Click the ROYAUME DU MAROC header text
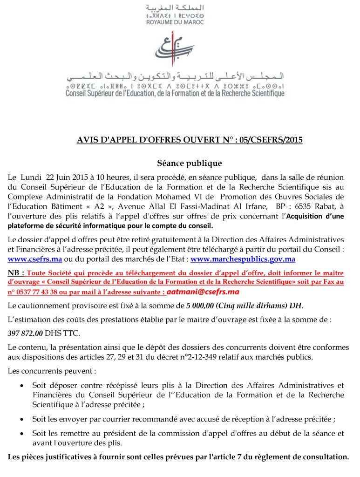[175, 22]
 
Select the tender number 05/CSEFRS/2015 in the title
[269, 139]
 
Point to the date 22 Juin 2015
[66, 177]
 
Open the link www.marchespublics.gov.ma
[243, 259]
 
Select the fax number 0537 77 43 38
[35, 293]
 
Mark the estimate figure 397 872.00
[26, 334]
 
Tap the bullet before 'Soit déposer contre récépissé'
[22, 386]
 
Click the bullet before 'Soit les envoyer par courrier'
[22, 419]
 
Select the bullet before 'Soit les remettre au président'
[22, 433]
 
